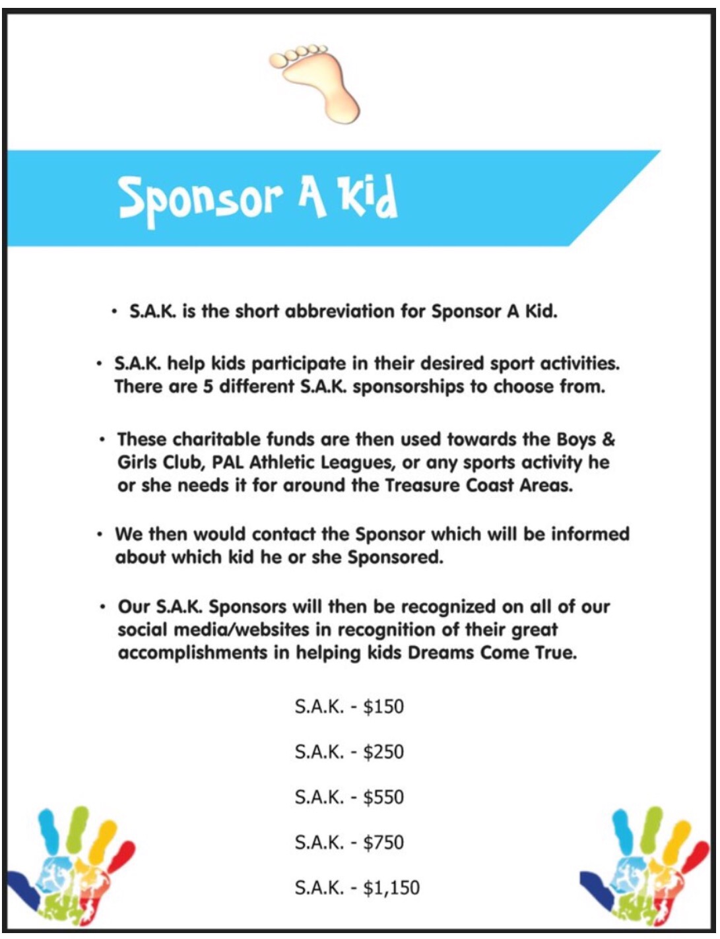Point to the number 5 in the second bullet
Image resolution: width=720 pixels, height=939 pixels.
point(207,387)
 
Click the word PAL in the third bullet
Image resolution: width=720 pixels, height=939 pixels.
point(228,463)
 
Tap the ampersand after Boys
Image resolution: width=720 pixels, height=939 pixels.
point(608,439)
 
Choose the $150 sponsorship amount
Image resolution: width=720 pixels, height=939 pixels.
point(383,707)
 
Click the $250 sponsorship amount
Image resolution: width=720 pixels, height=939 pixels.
point(383,752)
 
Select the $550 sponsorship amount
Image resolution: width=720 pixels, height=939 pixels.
point(383,797)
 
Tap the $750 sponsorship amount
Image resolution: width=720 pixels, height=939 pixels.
point(383,842)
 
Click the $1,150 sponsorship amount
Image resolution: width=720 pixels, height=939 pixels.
point(391,888)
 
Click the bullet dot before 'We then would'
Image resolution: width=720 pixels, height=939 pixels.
point(100,533)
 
